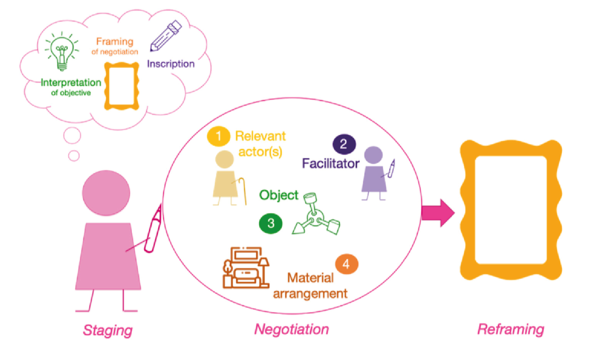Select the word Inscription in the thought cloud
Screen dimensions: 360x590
tap(170, 64)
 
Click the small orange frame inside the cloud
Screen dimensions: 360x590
tap(121, 86)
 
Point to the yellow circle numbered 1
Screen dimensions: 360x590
tap(218, 136)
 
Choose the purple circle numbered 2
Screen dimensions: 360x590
tap(344, 144)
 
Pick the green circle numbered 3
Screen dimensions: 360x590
tap(271, 223)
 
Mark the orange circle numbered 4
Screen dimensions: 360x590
tap(346, 264)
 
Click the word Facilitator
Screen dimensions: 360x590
tap(330, 163)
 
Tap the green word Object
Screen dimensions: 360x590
tap(278, 195)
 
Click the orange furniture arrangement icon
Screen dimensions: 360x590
tap(246, 268)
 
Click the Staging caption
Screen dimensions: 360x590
tap(108, 330)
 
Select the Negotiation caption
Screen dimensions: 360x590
tap(292, 329)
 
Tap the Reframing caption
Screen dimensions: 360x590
tap(511, 329)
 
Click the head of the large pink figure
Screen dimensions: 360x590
tap(106, 193)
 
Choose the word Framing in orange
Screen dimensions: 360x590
tap(115, 41)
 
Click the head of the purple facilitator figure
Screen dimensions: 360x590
tap(373, 155)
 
